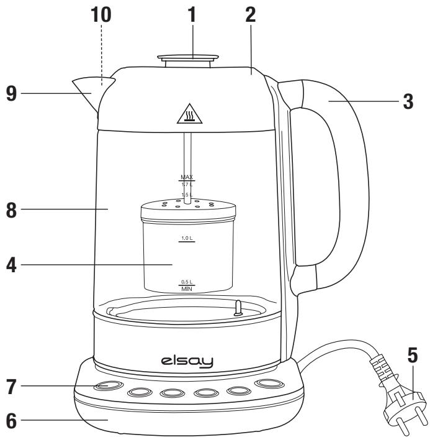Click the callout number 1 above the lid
192,16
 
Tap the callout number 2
250,16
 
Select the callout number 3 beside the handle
408,101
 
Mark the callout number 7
11,386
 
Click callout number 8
11,209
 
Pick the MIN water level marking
187,290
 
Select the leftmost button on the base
108,386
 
